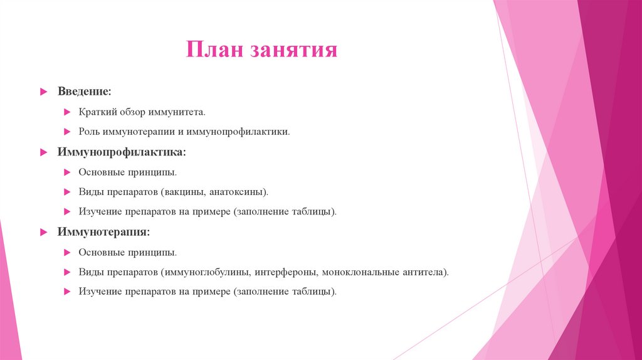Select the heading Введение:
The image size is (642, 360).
85,92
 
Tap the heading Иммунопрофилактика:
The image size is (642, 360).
122,152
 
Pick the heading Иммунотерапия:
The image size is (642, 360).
103,232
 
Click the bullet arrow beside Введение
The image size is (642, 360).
43,92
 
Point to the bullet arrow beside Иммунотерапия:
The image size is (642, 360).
43,233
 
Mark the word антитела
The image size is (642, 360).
427,272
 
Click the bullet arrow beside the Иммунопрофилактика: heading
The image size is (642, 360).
43,152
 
